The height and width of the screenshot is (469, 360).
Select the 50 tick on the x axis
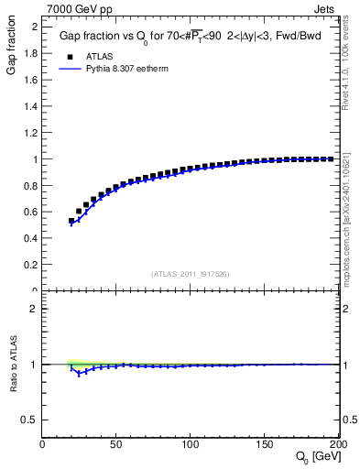[x=117, y=444]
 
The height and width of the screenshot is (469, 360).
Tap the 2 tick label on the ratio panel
[x=35, y=309]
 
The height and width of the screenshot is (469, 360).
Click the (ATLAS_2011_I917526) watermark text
[x=191, y=274]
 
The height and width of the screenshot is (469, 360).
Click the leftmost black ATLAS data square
[x=71, y=221]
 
